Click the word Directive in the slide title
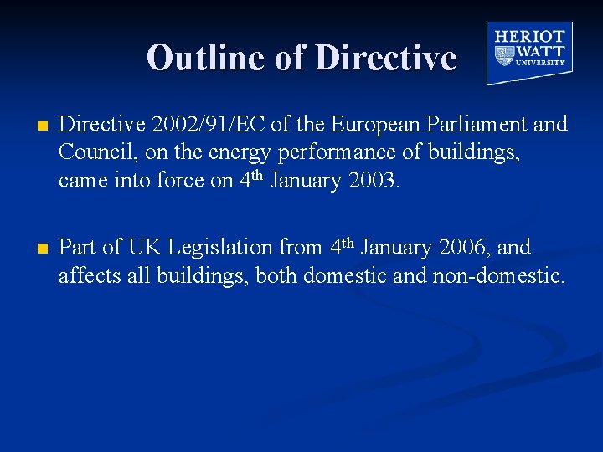point(386,58)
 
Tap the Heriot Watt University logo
point(529,52)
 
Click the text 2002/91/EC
point(186,125)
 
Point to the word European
point(367,125)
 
